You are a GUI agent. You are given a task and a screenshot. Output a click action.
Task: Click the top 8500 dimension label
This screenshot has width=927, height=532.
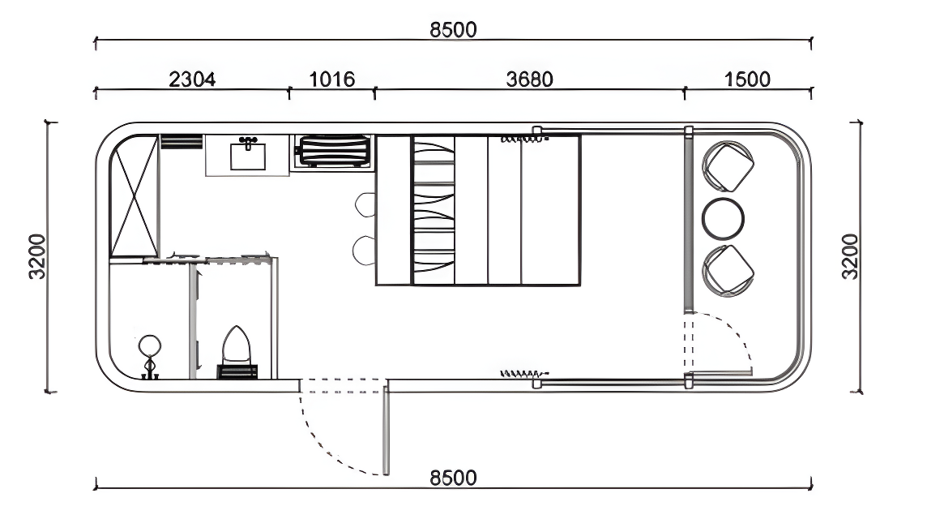click(453, 29)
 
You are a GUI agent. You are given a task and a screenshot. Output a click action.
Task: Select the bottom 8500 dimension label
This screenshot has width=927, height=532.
click(453, 478)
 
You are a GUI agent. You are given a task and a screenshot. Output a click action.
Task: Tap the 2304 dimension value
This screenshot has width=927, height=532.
click(191, 79)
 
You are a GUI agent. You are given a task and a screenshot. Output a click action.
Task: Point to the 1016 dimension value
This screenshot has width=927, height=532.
click(332, 79)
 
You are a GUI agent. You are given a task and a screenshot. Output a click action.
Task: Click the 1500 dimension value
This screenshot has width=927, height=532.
click(747, 79)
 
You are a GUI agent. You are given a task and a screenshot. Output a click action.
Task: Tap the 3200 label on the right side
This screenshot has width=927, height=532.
click(849, 256)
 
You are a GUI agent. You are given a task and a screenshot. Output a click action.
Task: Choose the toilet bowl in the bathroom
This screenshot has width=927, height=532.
click(237, 346)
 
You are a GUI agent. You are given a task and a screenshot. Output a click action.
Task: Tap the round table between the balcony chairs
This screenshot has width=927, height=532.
click(724, 217)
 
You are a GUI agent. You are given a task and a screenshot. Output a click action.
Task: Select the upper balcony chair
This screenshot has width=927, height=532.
click(728, 166)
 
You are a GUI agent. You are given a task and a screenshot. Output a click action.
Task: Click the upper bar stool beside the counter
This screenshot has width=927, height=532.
click(365, 204)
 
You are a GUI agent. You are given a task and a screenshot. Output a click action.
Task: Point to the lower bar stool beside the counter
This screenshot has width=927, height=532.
click(365, 250)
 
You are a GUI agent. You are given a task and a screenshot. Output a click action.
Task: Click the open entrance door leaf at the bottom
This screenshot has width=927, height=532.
click(387, 430)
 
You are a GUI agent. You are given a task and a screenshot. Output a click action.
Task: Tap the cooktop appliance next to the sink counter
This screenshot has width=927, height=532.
click(333, 152)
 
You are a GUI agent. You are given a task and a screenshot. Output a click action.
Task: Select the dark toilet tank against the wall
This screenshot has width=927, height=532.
click(237, 372)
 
